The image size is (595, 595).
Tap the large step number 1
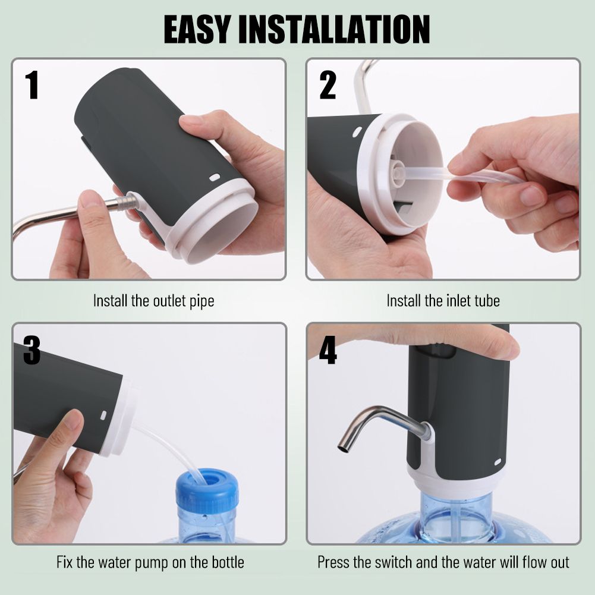pos(33,86)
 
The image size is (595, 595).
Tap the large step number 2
pos(328,86)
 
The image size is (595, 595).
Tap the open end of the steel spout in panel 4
pos(344,448)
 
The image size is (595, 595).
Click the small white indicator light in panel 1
pos(215,178)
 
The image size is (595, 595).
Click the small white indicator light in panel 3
pos(103,415)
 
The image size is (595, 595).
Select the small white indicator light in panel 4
pos(498,462)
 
